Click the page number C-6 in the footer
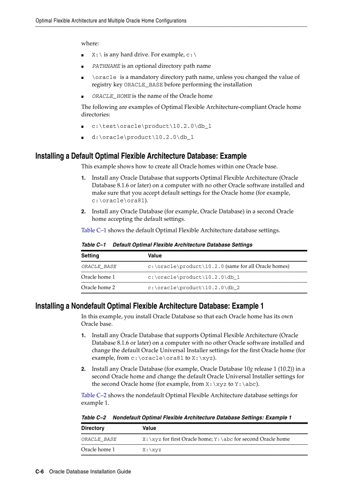(x=40, y=471)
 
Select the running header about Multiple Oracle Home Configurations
(x=111, y=21)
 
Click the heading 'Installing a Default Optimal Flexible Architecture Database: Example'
(x=141, y=156)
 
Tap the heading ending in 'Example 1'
(x=150, y=306)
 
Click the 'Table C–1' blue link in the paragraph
(x=94, y=230)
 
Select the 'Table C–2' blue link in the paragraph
(x=94, y=395)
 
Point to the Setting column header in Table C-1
(x=90, y=256)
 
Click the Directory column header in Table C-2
(x=93, y=428)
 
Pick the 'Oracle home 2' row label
(x=98, y=288)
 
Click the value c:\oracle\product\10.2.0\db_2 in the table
(x=194, y=288)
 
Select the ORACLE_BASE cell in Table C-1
(x=99, y=267)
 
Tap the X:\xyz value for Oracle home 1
(x=152, y=450)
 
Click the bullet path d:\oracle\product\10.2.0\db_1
(x=142, y=137)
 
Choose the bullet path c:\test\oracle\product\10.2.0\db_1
(x=151, y=126)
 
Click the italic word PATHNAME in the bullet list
(x=106, y=66)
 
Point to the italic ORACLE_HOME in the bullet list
(x=111, y=96)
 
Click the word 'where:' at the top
(x=90, y=43)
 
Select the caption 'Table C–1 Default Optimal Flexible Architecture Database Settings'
(x=167, y=245)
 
